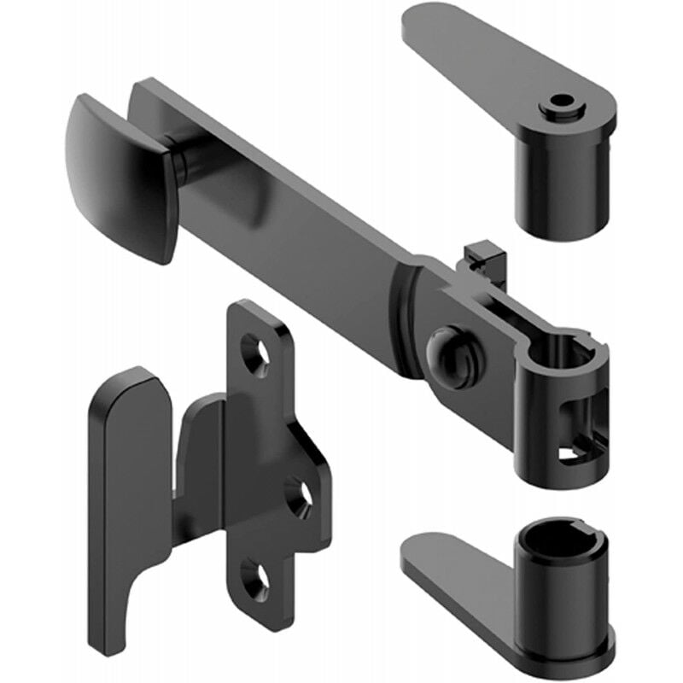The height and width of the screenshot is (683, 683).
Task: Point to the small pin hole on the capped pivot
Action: tap(560, 104)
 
